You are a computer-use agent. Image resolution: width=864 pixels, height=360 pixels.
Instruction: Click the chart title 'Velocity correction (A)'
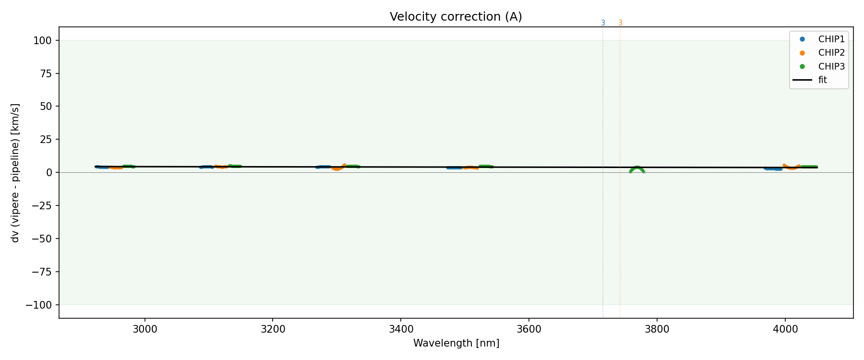456,17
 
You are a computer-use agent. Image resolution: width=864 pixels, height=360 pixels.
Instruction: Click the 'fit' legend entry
823,80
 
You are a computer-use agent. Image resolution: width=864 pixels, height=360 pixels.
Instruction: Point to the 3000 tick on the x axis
144,329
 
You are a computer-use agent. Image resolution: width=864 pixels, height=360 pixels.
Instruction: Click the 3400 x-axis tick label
400,329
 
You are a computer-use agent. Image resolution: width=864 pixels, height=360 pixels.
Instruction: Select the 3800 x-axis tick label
657,329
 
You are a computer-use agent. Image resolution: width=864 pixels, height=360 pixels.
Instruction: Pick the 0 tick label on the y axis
50,172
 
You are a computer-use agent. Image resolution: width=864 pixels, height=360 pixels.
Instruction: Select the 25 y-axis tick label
47,140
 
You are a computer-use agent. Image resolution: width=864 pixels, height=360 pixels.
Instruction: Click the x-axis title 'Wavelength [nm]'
456,343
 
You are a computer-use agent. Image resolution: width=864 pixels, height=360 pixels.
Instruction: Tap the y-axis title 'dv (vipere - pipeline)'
15,173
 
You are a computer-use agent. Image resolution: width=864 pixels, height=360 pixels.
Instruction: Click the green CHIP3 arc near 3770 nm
637,168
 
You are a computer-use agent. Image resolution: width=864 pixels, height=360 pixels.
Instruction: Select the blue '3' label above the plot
603,23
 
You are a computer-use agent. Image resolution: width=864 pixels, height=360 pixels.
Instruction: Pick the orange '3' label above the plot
620,23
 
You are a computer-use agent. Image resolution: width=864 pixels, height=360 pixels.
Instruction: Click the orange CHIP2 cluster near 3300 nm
337,168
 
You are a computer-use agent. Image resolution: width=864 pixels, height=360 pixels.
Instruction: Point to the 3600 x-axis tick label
528,329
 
